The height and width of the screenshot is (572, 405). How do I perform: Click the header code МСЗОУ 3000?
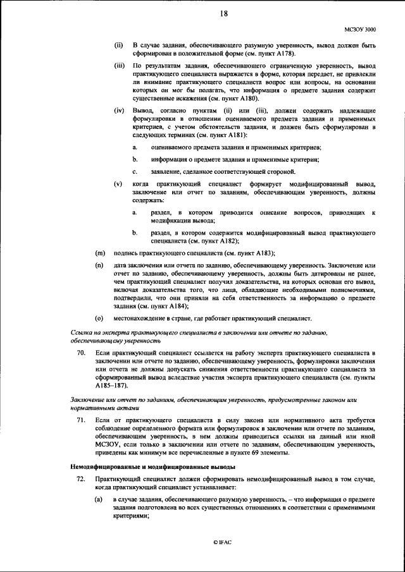point(359,28)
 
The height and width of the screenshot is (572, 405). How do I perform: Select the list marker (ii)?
point(118,46)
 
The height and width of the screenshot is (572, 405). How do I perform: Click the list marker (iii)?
point(119,66)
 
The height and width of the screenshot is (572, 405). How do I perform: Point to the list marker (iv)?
point(119,110)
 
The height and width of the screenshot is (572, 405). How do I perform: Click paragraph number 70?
point(80,351)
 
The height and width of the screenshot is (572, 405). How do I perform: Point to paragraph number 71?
point(80,420)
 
